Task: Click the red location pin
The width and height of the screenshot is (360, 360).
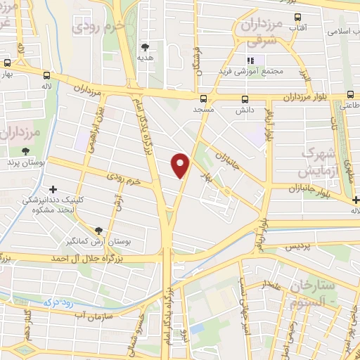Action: pos(181,165)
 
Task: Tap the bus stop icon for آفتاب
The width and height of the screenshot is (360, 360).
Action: pos(297,18)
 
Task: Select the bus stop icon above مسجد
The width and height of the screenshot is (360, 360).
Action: pos(203,98)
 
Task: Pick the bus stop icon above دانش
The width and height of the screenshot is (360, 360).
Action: pos(245,98)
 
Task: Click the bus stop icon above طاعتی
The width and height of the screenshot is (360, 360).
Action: pos(349,94)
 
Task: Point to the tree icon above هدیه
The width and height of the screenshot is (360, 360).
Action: pos(146,47)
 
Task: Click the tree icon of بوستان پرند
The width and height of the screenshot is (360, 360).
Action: pos(26,150)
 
